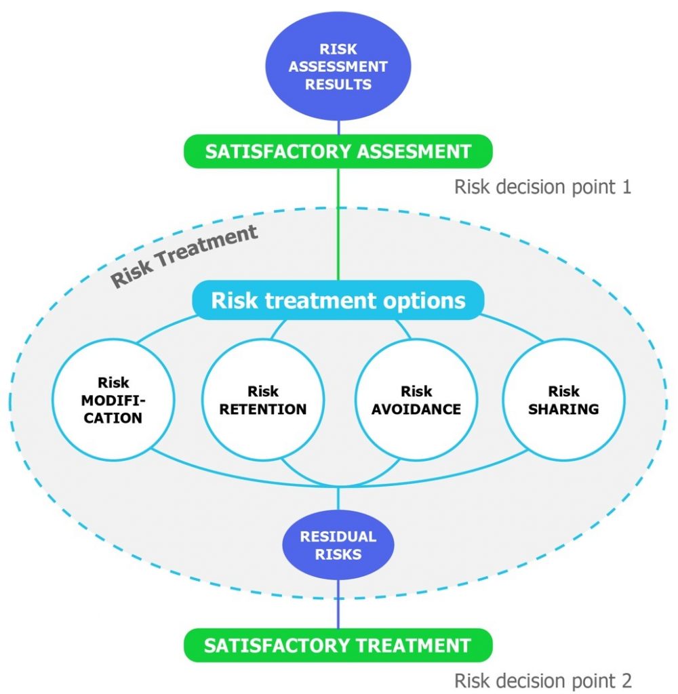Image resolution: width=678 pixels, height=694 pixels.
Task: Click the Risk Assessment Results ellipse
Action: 338,66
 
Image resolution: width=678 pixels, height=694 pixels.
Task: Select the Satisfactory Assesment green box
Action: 338,150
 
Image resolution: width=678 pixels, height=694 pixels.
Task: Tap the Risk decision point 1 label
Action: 542,186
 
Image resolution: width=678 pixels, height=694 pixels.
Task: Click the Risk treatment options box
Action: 338,301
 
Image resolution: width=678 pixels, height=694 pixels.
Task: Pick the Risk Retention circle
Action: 262,400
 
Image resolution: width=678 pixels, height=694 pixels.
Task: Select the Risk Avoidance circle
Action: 416,400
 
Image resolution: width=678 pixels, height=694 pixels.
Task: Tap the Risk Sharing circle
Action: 563,400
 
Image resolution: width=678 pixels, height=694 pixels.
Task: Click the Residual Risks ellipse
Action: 338,545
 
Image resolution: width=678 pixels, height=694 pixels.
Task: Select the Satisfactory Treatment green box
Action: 338,645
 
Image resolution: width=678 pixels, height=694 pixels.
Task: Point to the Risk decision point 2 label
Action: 542,680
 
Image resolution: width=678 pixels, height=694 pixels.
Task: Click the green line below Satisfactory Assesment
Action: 338,224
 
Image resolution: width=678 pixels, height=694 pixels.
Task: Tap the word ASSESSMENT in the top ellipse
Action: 338,67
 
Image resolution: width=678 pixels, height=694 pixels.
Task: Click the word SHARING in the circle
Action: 563,409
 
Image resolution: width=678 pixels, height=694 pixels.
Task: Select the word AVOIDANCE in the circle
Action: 416,409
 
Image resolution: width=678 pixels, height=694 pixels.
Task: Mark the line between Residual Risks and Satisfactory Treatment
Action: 338,603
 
